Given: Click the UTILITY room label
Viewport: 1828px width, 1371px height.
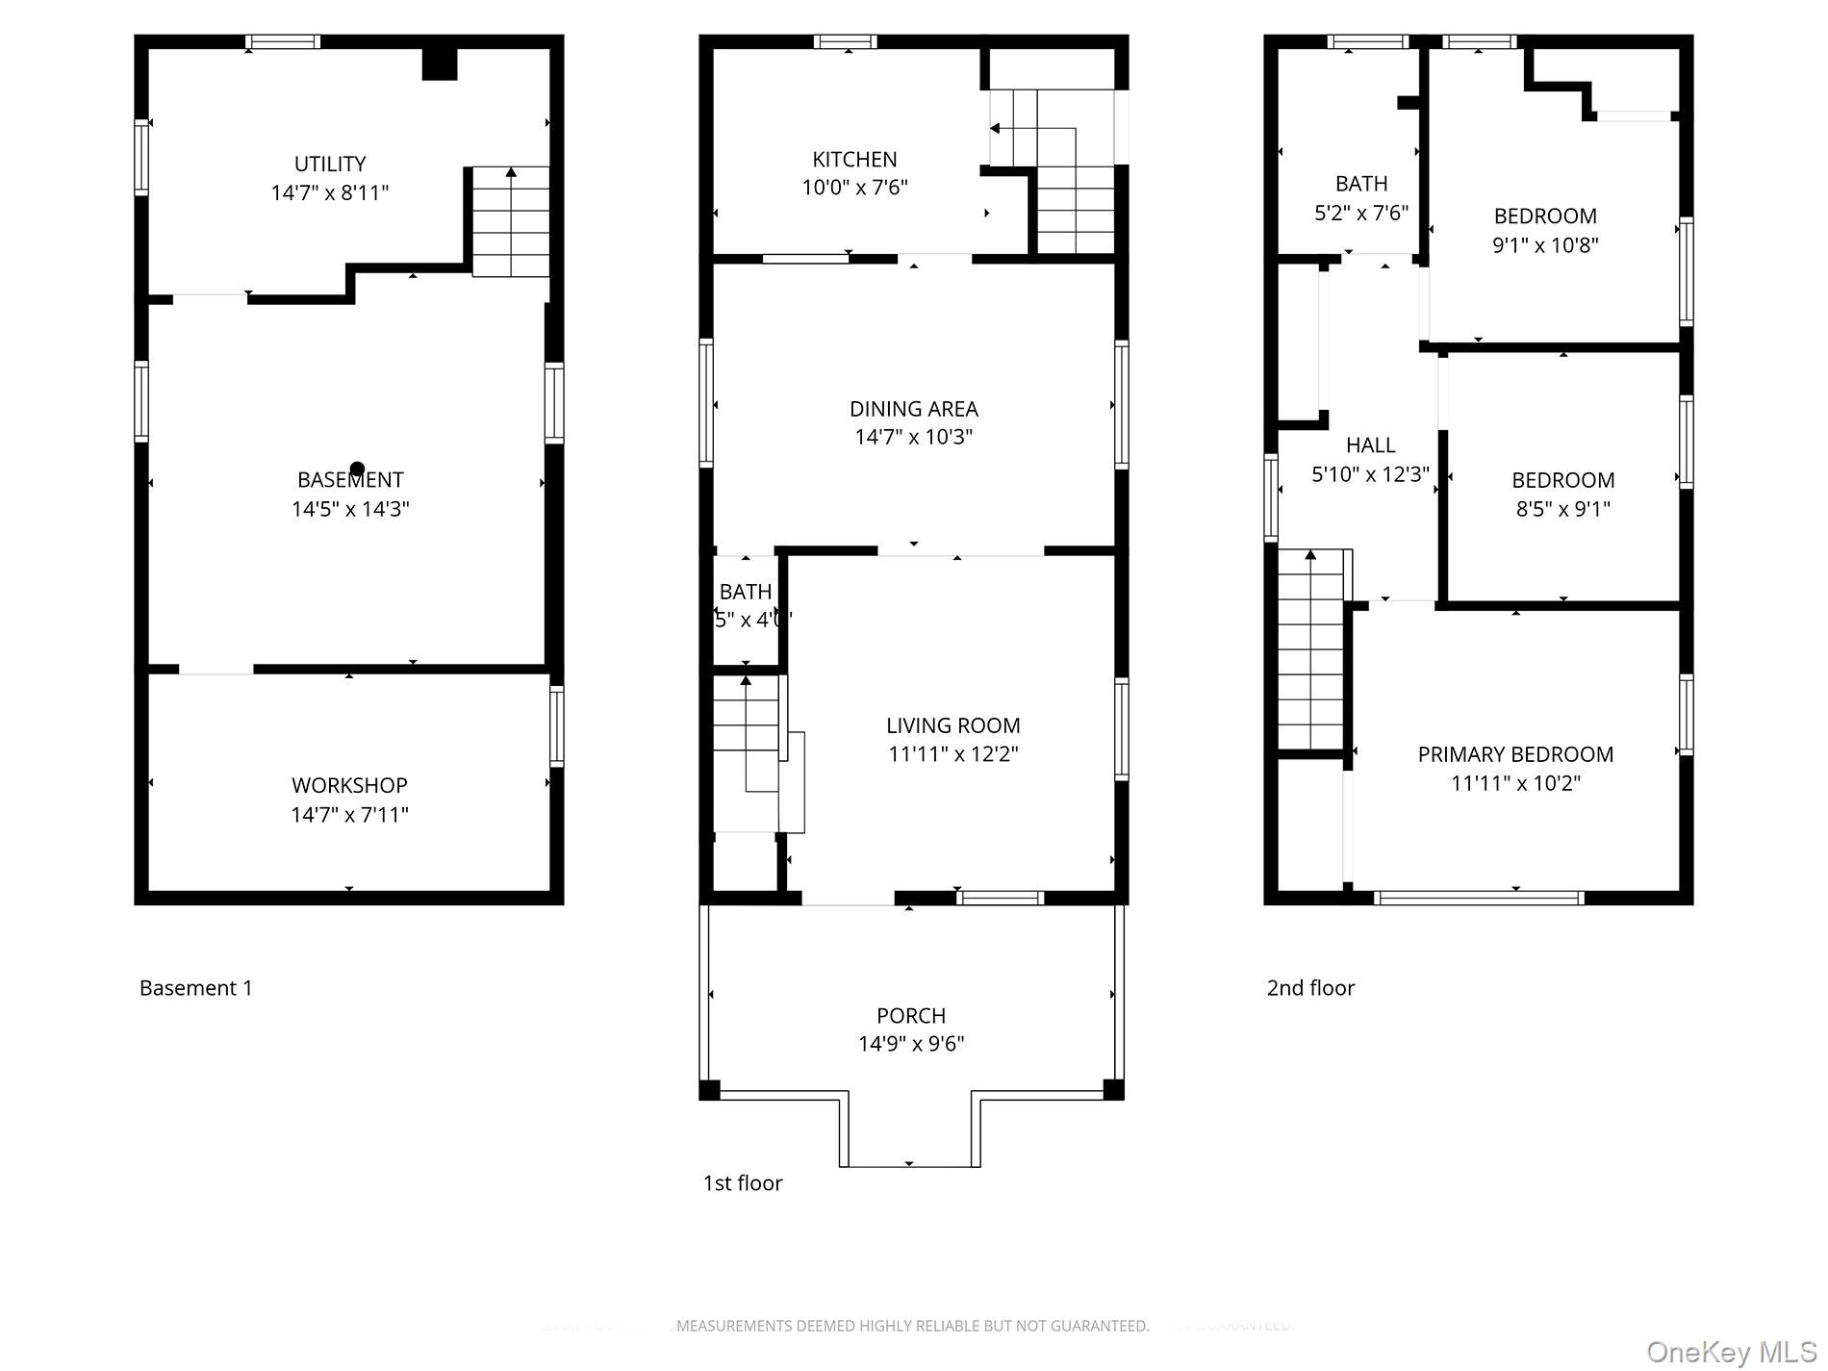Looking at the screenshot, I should [x=329, y=164].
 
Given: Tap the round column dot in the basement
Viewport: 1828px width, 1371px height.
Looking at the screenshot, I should [x=357, y=470].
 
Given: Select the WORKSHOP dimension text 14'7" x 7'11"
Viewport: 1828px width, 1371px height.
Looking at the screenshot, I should [x=349, y=815].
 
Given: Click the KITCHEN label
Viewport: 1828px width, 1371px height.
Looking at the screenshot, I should [x=854, y=160].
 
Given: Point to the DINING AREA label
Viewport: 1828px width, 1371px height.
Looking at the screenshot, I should [x=913, y=409].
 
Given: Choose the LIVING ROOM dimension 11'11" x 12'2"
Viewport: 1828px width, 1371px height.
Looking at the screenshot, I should [x=952, y=754].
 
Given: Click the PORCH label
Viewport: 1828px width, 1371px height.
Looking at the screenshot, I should [x=910, y=1016].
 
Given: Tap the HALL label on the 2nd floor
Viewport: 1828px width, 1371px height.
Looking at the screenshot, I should [x=1370, y=445].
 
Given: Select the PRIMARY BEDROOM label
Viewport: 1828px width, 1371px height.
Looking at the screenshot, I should [x=1515, y=754].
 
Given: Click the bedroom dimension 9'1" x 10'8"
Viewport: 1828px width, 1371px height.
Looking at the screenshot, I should [x=1545, y=245].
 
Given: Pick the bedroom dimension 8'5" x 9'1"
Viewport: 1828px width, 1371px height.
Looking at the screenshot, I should [x=1562, y=509].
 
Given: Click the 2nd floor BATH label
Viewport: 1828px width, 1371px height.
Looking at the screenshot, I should [x=1361, y=184].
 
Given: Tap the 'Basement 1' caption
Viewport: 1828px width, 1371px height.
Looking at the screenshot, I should [x=196, y=988].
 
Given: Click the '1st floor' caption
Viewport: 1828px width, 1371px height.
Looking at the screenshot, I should [x=743, y=1183].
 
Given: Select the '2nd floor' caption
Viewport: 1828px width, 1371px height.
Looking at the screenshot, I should [x=1310, y=988].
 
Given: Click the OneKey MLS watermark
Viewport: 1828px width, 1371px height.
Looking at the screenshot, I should [x=1731, y=1352].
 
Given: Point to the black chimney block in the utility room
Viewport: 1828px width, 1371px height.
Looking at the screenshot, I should [x=440, y=63].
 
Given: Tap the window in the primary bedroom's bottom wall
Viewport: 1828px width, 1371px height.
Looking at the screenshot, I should [x=1478, y=898].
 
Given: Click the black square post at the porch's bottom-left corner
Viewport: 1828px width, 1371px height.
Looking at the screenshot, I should [x=709, y=1090].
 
